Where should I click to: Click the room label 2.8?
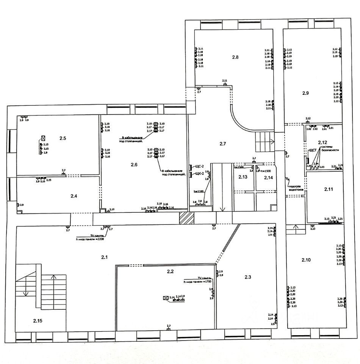[x=235, y=57]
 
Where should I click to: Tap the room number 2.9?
[x=305, y=93]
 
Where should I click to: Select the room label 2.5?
[x=63, y=139]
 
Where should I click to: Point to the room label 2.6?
[x=135, y=164]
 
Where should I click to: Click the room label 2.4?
[x=74, y=196]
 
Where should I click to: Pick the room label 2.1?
[x=105, y=257]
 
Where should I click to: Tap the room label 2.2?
[x=170, y=271]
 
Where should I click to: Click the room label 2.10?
[x=306, y=260]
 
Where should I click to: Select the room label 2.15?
[x=38, y=321]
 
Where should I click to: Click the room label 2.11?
[x=328, y=188]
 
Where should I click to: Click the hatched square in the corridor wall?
[x=186, y=219]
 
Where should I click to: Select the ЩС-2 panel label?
[x=199, y=167]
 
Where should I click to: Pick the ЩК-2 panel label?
[x=199, y=174]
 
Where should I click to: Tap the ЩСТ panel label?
[x=313, y=150]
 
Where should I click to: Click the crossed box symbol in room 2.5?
[x=43, y=138]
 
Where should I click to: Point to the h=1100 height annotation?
[x=199, y=192]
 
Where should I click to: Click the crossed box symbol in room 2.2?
[x=166, y=298]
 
